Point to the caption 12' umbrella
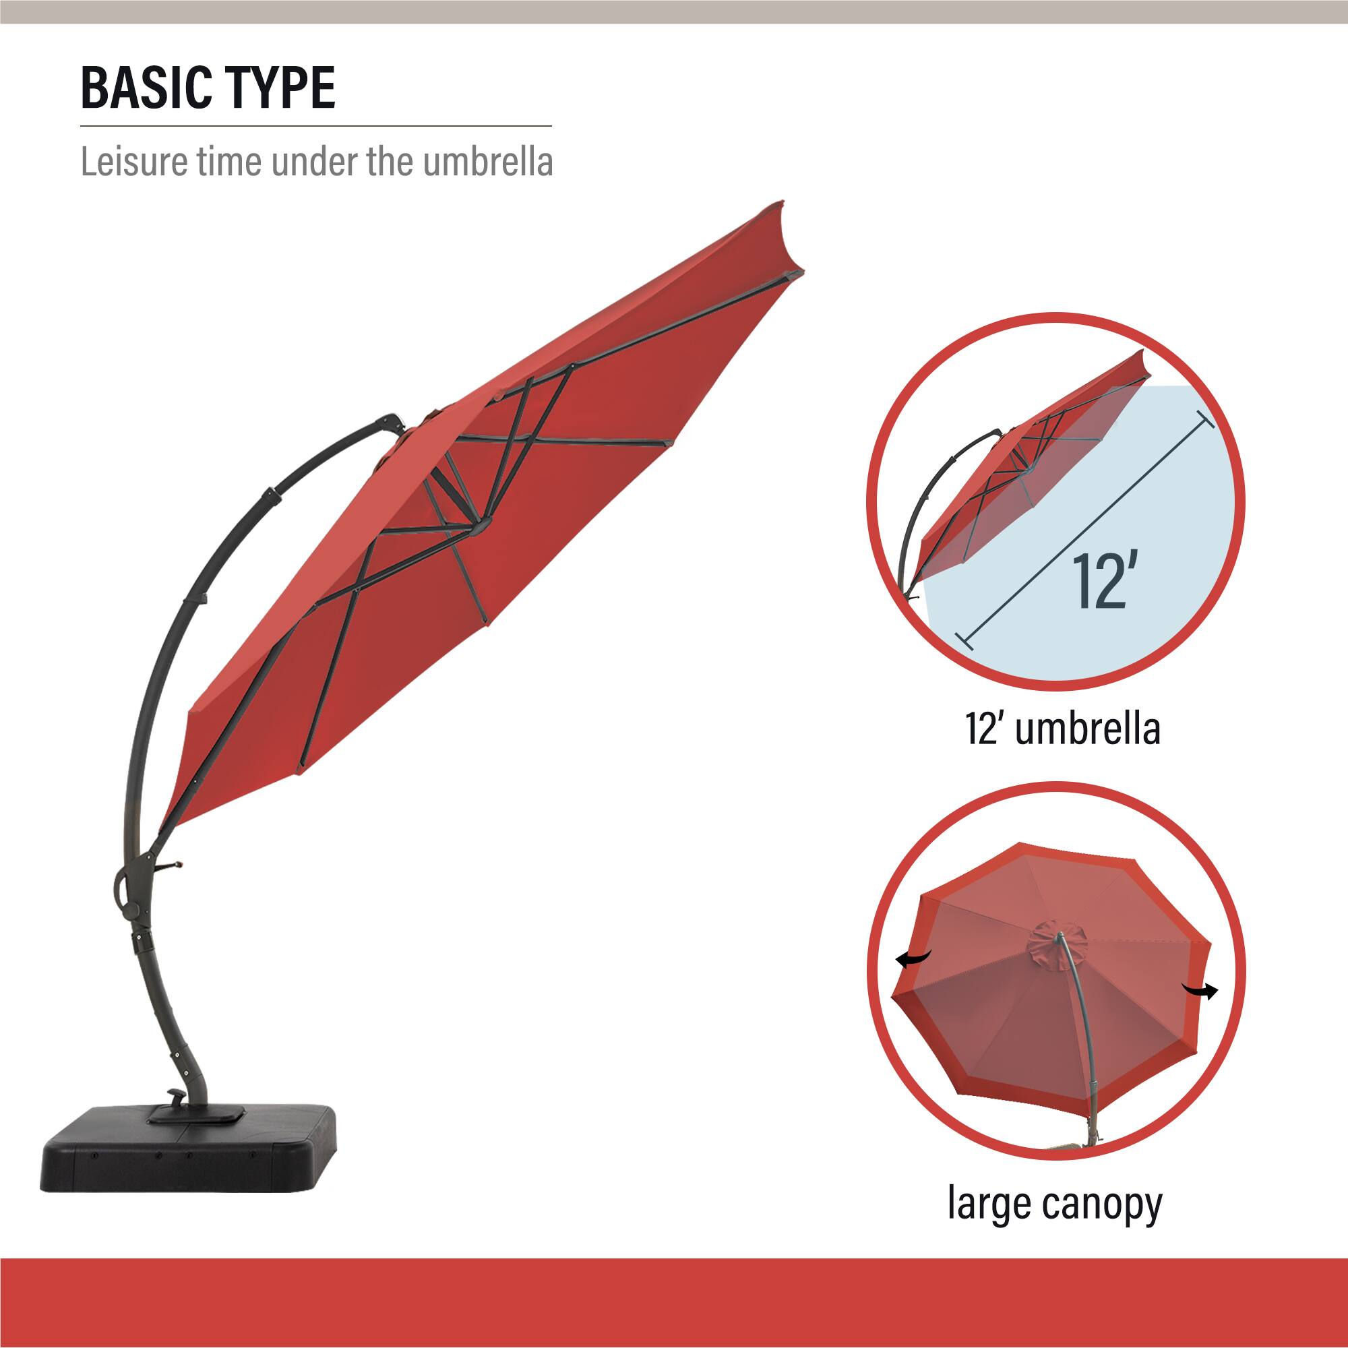point(1063,729)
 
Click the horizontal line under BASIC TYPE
point(315,126)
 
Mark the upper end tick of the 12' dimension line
point(1205,419)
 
